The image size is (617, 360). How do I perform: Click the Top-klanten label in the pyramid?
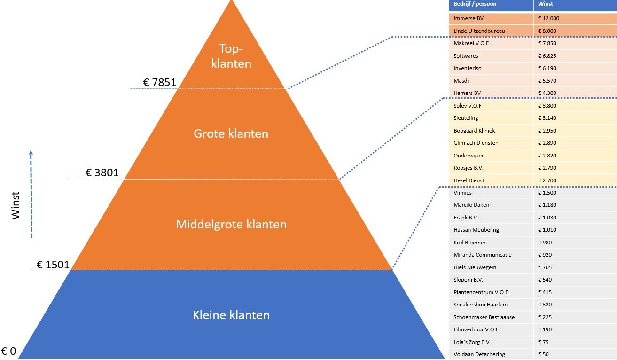(x=231, y=56)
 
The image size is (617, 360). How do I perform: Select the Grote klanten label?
(x=231, y=133)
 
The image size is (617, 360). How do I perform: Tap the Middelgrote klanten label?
(x=231, y=224)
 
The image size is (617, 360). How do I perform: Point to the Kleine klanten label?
(x=231, y=315)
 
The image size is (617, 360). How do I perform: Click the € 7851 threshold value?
(x=160, y=83)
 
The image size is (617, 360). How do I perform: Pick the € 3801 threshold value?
(x=102, y=173)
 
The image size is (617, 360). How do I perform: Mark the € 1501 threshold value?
(x=53, y=265)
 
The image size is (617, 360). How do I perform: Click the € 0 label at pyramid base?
(x=8, y=352)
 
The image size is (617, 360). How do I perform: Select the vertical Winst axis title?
(x=16, y=205)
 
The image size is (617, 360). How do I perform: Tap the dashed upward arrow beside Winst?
(x=31, y=194)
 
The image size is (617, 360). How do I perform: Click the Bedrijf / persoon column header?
(x=475, y=4)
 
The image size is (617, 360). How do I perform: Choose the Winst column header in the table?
(x=546, y=4)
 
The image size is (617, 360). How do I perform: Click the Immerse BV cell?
(x=469, y=19)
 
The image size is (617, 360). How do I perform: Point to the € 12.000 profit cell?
(x=549, y=19)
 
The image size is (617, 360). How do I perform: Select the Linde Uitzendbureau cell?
(x=479, y=31)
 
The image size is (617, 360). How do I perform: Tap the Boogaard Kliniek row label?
(x=474, y=131)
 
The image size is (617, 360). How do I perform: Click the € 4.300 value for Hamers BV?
(x=547, y=93)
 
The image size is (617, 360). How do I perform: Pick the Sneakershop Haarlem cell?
(x=480, y=305)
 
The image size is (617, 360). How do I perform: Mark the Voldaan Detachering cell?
(x=479, y=354)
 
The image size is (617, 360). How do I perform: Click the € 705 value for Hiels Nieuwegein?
(x=545, y=267)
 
